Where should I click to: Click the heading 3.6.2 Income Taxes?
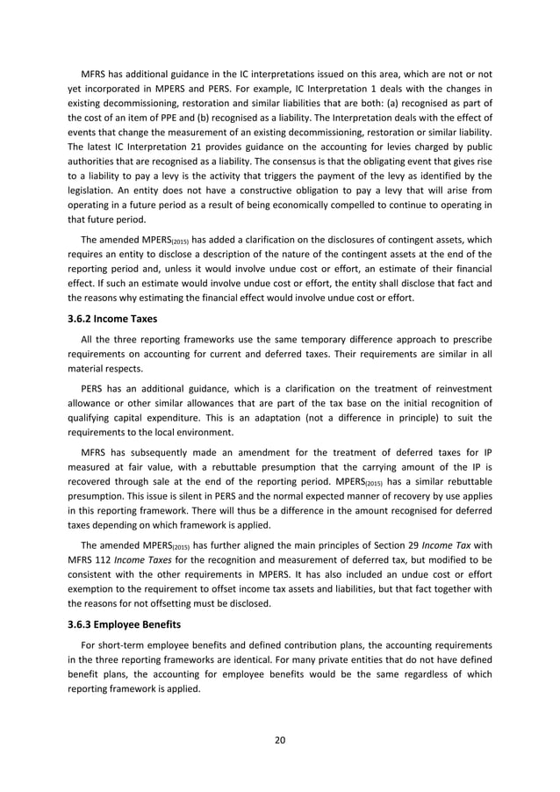111,319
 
